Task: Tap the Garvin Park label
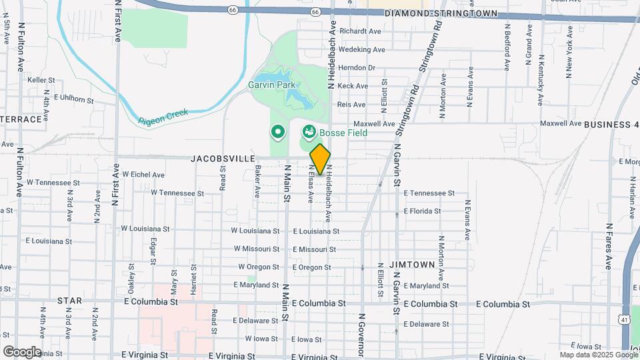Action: [x=271, y=85]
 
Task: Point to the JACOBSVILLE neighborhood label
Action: [x=223, y=159]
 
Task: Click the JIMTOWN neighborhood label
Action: [x=412, y=265]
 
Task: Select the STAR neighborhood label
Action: [x=69, y=301]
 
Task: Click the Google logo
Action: [x=22, y=351]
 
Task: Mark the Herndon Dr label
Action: [x=357, y=67]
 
